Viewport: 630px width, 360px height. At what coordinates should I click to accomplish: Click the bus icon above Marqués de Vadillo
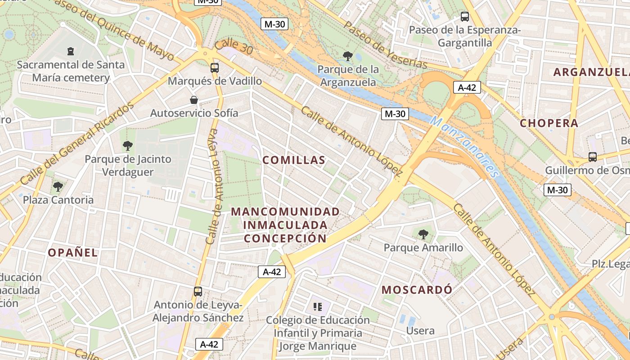pos(215,68)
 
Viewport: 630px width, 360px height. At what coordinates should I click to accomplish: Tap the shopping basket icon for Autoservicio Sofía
pos(194,99)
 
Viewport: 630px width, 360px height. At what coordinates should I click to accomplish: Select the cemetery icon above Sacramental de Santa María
pos(70,51)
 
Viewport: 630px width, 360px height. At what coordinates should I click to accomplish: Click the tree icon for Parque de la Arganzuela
pos(347,56)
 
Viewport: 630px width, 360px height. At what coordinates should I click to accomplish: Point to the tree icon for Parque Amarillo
pos(423,234)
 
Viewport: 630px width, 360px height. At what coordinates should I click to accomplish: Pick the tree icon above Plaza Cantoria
pos(58,186)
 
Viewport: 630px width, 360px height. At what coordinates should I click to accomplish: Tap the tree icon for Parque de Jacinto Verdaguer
pos(128,145)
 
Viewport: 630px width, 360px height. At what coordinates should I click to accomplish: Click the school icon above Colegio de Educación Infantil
pos(318,307)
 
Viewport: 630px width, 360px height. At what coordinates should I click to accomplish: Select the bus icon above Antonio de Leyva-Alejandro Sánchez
pos(198,291)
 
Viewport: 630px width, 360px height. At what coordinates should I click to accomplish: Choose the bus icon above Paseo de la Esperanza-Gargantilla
pos(465,17)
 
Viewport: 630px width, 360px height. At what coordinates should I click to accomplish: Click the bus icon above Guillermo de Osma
pos(593,157)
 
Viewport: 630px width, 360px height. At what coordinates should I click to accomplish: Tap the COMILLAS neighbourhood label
pos(294,160)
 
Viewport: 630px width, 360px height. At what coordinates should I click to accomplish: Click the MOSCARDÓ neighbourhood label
pos(417,290)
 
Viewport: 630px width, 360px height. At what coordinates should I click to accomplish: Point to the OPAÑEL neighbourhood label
pos(73,252)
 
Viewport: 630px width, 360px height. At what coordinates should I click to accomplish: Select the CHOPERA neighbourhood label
pos(549,123)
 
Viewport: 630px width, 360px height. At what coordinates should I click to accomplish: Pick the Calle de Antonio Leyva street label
pos(215,187)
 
